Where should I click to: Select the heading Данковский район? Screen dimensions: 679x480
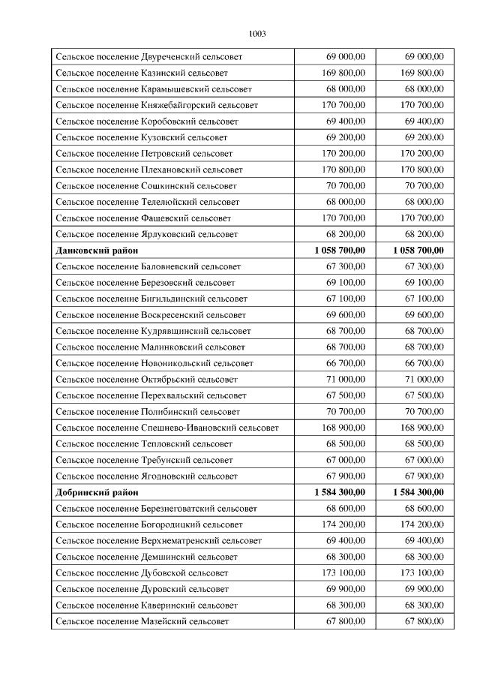[97, 251]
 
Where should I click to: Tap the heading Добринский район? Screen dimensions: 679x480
[97, 492]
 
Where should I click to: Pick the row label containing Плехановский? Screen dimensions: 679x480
[149, 170]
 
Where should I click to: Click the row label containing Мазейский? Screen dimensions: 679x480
[142, 621]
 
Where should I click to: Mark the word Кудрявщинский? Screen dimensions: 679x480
[176, 331]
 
